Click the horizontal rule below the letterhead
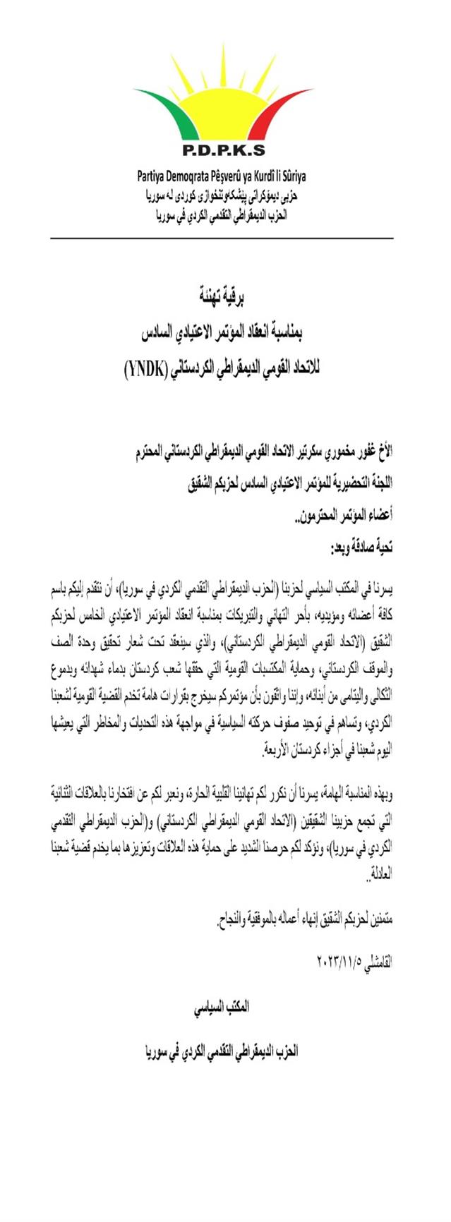click(x=221, y=238)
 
